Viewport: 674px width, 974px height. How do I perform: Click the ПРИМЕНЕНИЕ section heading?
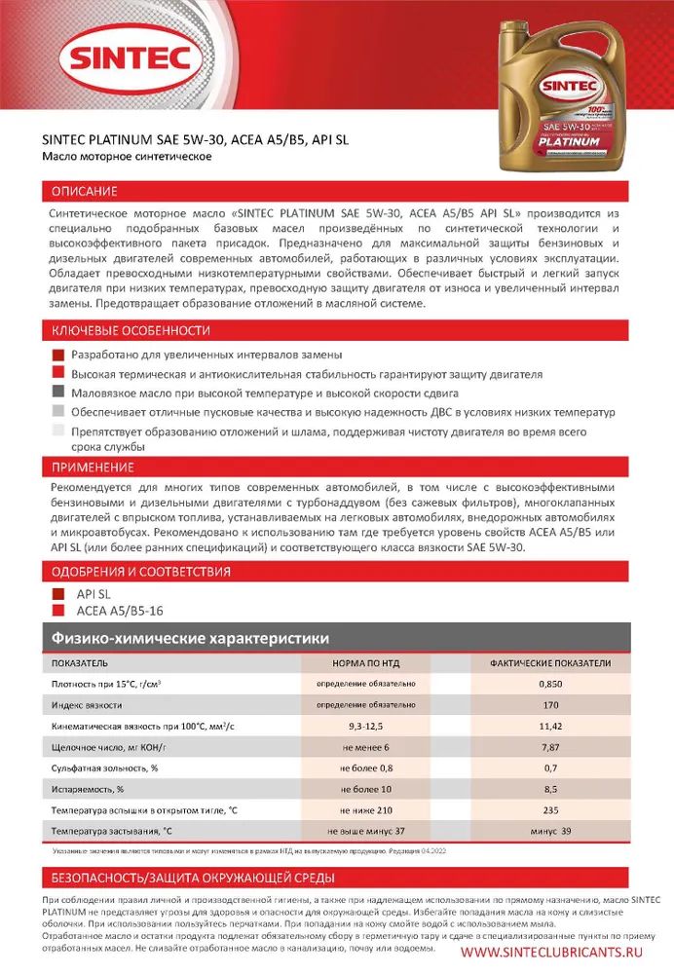[91, 467]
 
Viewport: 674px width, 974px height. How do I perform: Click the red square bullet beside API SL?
[56, 593]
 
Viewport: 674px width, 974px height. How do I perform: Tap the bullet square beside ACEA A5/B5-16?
[56, 612]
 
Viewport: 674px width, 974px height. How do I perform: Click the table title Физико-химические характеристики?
[189, 639]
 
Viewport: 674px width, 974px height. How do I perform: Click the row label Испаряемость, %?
[88, 789]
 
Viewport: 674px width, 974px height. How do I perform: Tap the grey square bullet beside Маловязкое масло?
[56, 393]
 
